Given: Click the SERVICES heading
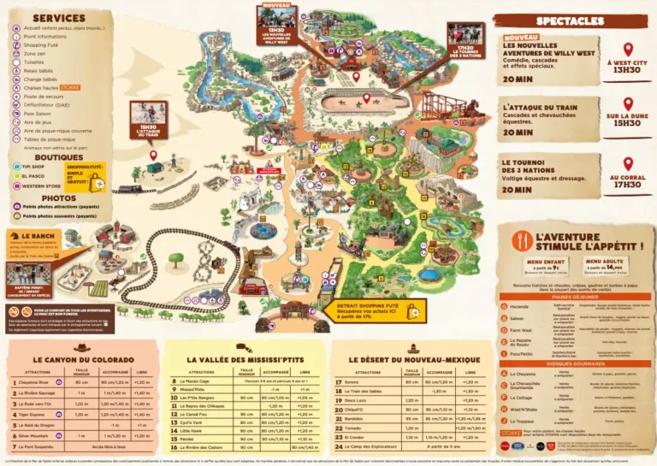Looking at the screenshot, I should point(59,17).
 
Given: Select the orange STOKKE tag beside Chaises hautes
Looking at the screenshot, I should point(70,86).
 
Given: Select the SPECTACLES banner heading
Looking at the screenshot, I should point(571,21).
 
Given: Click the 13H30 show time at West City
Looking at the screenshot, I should point(626,70).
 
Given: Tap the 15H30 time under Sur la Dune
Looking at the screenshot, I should point(626,124).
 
